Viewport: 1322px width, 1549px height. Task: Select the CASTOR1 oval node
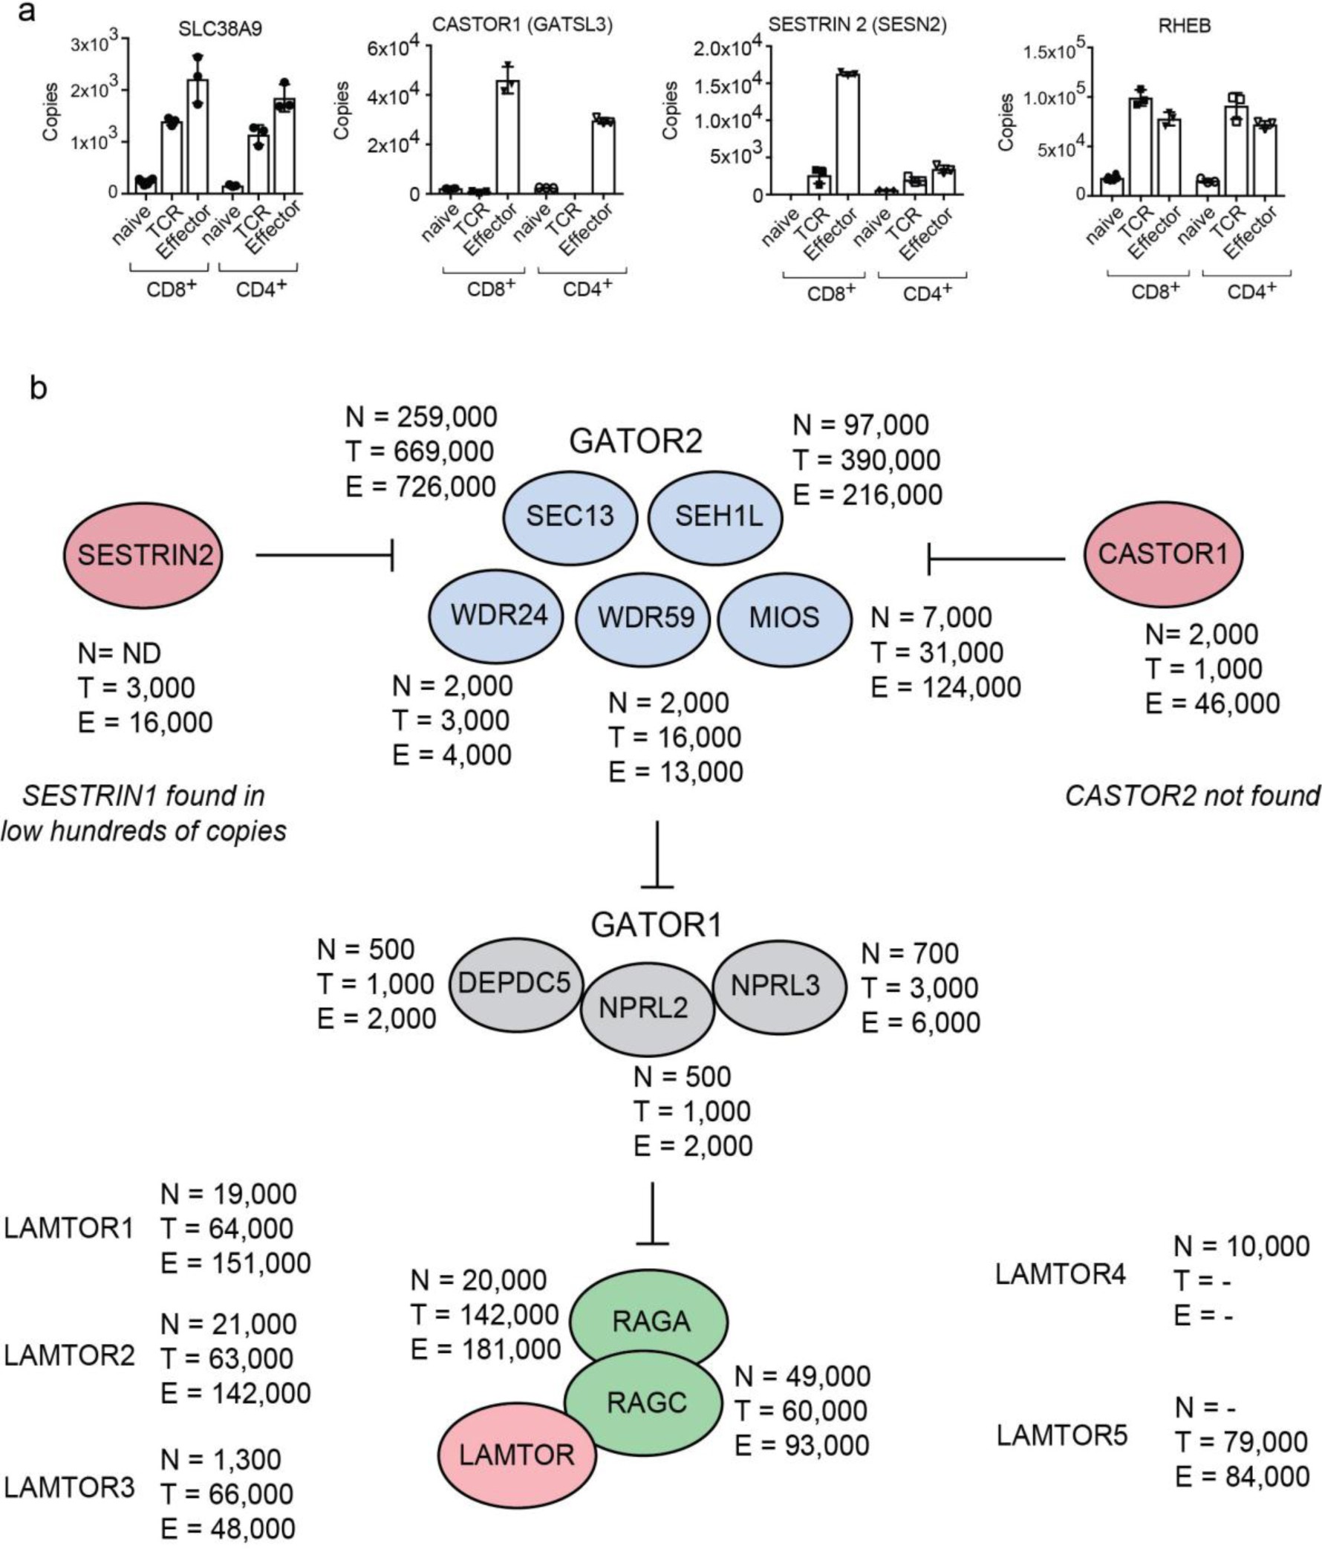point(1163,553)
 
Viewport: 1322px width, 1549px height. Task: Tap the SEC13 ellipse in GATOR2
point(570,516)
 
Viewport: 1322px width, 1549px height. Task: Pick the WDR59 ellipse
point(645,617)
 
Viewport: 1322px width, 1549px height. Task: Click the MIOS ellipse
point(784,617)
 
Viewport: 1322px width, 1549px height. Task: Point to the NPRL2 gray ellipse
point(647,1009)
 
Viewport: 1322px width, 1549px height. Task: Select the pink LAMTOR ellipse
point(516,1454)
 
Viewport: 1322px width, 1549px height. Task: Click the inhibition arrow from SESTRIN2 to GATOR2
point(325,555)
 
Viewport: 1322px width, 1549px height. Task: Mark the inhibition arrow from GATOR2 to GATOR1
point(657,854)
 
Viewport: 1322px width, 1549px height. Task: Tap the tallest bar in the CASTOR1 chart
point(507,136)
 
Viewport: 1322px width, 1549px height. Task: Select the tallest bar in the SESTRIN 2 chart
point(847,133)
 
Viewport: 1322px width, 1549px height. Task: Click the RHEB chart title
point(1184,27)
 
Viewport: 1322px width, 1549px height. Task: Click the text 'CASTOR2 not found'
point(1191,796)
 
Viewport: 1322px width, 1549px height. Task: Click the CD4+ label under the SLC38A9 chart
point(261,289)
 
